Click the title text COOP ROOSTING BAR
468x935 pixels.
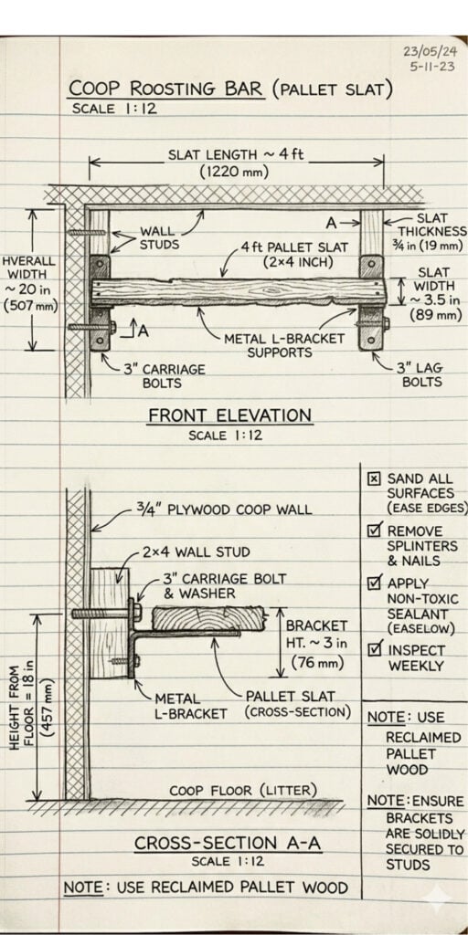(x=166, y=89)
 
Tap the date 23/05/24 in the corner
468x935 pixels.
(x=430, y=51)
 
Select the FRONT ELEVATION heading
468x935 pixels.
(x=229, y=415)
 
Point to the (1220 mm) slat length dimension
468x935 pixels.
(x=234, y=173)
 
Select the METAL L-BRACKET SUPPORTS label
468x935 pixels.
(x=284, y=345)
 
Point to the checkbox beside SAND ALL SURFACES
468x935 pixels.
(x=374, y=478)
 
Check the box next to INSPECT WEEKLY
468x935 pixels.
(x=375, y=648)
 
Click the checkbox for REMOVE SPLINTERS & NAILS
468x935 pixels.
(x=375, y=529)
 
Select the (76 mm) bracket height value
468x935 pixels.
(x=318, y=662)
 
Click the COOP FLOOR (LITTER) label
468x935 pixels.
(x=243, y=791)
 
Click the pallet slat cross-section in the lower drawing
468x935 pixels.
(x=208, y=618)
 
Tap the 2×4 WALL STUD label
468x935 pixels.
(x=196, y=552)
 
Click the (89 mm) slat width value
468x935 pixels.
(x=436, y=315)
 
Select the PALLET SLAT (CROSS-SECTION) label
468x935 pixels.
(x=298, y=704)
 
